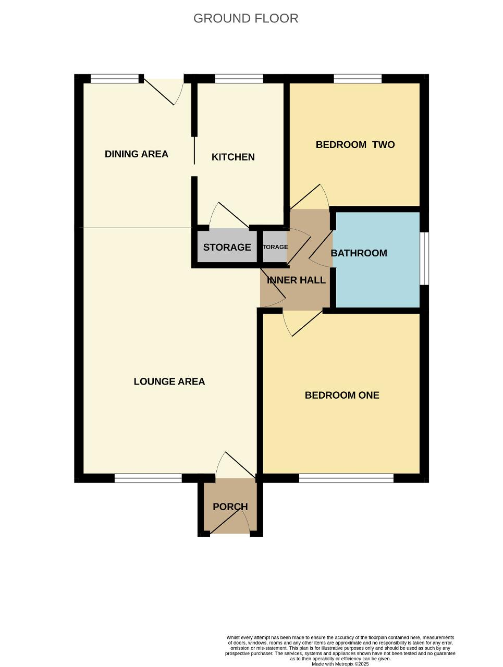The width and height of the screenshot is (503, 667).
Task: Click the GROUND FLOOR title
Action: [246, 19]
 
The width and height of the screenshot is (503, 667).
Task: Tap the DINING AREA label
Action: [137, 154]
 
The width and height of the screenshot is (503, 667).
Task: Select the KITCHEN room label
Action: [233, 157]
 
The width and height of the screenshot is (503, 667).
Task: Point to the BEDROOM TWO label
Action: [355, 145]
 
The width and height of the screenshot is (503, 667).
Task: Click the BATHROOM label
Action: [359, 253]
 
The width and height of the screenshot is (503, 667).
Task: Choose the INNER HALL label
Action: [296, 280]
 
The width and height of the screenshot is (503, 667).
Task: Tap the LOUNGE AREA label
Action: [169, 381]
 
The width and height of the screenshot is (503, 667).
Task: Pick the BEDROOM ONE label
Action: [342, 395]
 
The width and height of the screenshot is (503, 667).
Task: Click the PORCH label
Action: [230, 507]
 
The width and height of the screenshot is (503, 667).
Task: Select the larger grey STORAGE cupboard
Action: [227, 247]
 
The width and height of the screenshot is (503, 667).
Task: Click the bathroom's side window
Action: [424, 258]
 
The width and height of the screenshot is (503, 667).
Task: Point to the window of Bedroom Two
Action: [358, 79]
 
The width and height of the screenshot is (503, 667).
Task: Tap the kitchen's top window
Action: [239, 79]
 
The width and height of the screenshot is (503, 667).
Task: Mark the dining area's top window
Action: [115, 79]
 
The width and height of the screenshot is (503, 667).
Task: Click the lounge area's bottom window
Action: [148, 478]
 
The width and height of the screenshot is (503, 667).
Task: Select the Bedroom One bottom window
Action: [346, 478]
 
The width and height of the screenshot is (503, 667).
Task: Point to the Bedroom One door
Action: [303, 323]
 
